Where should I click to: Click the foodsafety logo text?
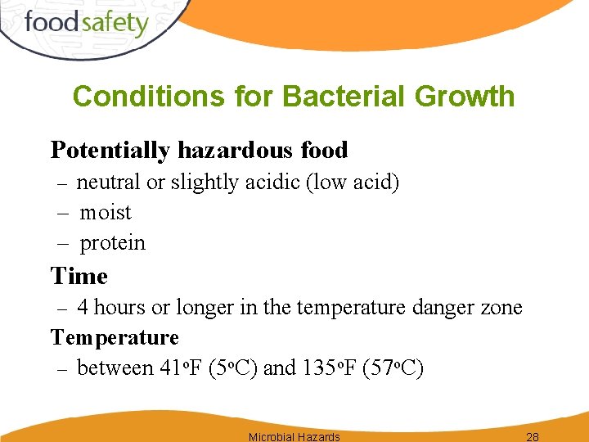point(87,22)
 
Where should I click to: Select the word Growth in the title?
point(465,97)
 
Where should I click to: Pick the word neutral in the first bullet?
point(108,182)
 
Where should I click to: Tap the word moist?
point(106,213)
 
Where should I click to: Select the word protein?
point(112,243)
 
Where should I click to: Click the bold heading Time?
point(79,276)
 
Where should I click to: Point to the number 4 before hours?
point(83,308)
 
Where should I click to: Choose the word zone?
point(501,308)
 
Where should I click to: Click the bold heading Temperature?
point(115,337)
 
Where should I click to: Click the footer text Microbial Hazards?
point(294,436)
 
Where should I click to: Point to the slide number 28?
point(532,436)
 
